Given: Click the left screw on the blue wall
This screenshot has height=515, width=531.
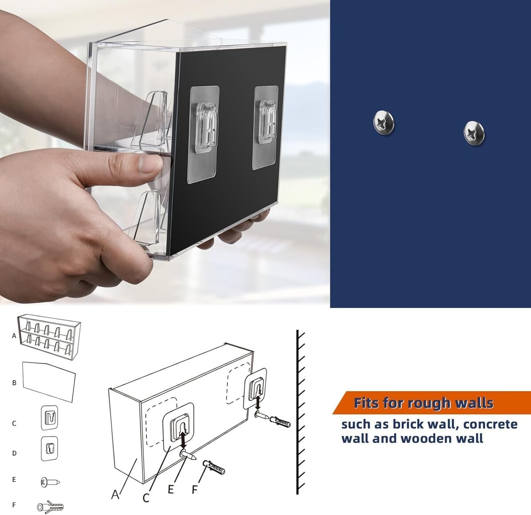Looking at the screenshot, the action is point(384,123).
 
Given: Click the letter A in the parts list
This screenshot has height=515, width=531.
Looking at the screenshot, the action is point(14,336).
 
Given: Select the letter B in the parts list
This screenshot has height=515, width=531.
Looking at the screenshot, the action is point(14,383).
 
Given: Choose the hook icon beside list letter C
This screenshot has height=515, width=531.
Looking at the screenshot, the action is point(50,417).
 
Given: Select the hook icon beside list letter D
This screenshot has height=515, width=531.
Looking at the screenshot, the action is point(50,449).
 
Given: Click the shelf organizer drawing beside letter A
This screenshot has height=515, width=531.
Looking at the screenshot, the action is point(49,338).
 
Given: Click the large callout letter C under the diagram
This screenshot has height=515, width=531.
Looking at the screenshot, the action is point(146,498).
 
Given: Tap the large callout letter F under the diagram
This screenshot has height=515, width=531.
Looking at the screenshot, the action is point(195,489).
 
